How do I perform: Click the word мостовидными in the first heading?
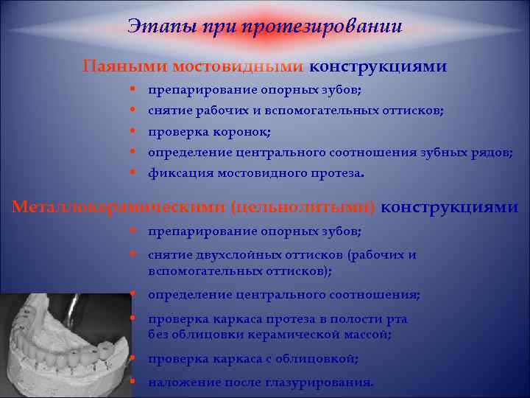pos(238,66)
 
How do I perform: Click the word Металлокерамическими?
pos(119,207)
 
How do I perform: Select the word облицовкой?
pos(319,359)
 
